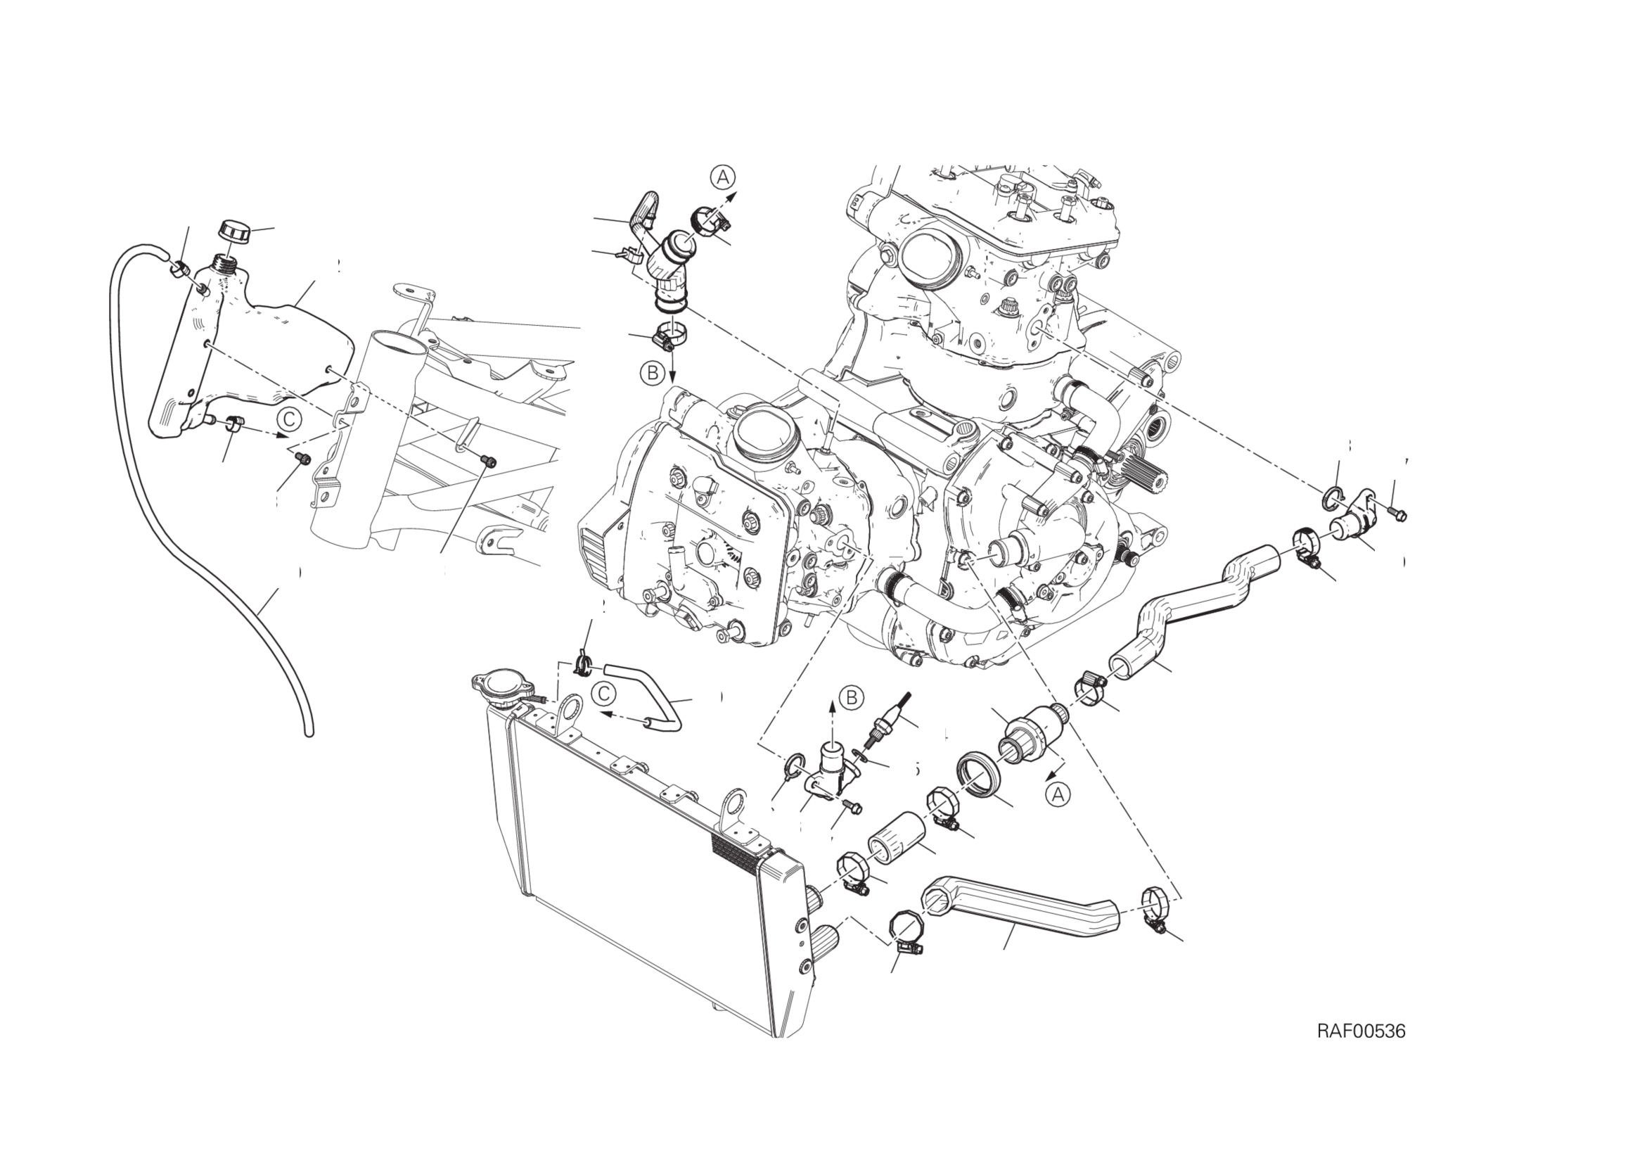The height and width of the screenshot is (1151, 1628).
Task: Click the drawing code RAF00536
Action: click(x=1361, y=1051)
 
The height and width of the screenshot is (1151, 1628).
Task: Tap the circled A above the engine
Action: click(x=723, y=177)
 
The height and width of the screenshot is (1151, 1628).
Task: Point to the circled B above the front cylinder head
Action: click(x=652, y=372)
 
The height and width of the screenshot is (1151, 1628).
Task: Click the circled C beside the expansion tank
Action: click(x=289, y=419)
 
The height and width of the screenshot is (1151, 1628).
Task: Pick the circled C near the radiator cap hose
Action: click(x=603, y=693)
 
